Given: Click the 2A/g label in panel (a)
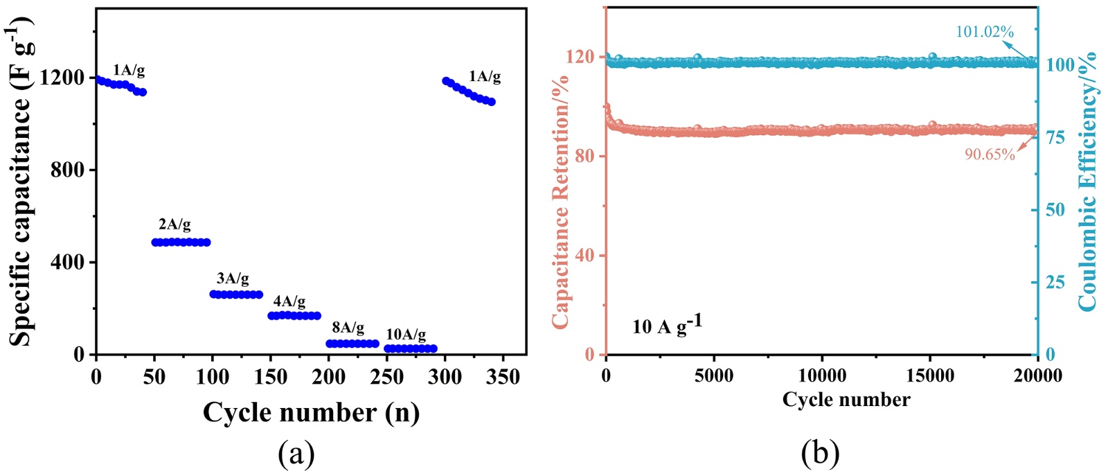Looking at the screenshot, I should click(x=175, y=224).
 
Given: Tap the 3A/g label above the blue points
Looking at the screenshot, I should click(x=233, y=279).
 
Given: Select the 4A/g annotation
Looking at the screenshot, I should click(x=289, y=301).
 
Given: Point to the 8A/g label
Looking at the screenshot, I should click(x=348, y=327).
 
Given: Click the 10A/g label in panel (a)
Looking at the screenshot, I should click(x=406, y=335).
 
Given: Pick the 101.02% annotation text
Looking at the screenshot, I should click(x=984, y=32).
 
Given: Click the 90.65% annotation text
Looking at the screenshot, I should click(x=990, y=155).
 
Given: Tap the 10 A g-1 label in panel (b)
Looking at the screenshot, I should click(x=666, y=325).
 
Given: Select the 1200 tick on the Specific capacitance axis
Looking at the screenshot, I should click(x=62, y=78).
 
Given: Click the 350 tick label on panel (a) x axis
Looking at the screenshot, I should click(x=503, y=377).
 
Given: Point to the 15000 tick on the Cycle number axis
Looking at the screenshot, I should click(x=930, y=376).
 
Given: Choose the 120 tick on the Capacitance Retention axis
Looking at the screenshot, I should click(x=580, y=57).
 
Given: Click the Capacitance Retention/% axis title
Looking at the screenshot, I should click(x=560, y=201).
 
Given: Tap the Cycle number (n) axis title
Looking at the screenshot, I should click(x=311, y=413).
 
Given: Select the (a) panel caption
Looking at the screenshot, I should click(x=296, y=454).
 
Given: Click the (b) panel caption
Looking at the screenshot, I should click(x=820, y=454).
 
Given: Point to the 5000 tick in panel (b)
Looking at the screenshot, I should click(x=714, y=376).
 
